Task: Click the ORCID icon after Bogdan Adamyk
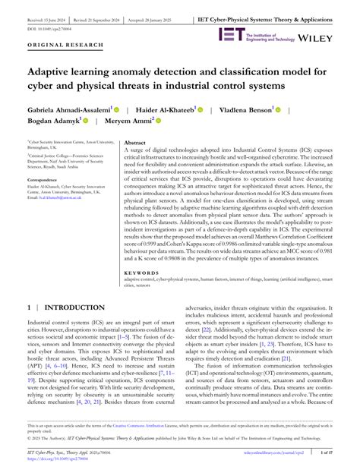(x=86, y=121)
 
